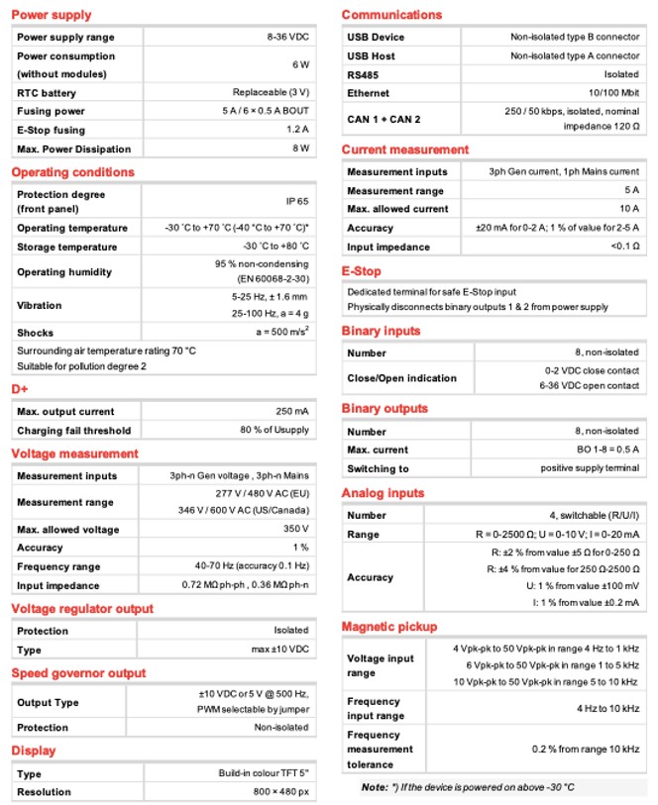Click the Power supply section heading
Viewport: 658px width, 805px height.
[52, 15]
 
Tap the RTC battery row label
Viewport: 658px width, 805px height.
[47, 92]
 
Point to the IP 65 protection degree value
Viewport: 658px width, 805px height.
[298, 200]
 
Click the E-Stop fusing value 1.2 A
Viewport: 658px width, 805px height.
[298, 130]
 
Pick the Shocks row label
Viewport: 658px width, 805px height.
[35, 333]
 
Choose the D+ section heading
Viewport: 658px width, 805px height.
[21, 389]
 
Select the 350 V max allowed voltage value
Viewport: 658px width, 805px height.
[297, 529]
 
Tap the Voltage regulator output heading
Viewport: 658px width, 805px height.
[82, 608]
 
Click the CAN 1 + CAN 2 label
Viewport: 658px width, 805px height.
[384, 119]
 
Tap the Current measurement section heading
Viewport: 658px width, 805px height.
[404, 150]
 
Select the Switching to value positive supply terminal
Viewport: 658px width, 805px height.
[591, 468]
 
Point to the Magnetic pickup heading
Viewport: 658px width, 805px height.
[388, 627]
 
